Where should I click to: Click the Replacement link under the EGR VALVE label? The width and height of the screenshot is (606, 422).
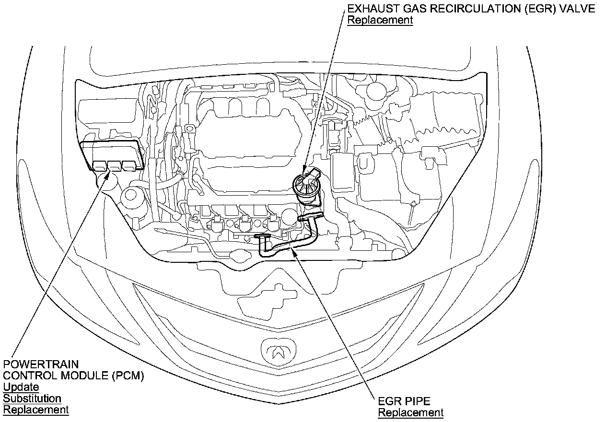point(380,20)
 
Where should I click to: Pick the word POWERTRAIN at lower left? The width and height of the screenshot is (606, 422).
point(41,364)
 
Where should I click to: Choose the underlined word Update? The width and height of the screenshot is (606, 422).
point(21,387)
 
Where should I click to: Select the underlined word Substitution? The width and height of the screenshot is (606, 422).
point(32,399)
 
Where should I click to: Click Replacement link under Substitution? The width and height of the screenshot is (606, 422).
point(36,410)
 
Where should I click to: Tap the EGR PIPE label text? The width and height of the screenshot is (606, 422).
point(404,401)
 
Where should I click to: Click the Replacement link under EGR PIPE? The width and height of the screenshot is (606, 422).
point(411,412)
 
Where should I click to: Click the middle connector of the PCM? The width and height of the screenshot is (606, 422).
point(114,165)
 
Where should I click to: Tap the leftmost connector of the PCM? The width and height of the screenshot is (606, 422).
point(100,165)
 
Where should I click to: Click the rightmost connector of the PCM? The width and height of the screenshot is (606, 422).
point(128,165)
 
